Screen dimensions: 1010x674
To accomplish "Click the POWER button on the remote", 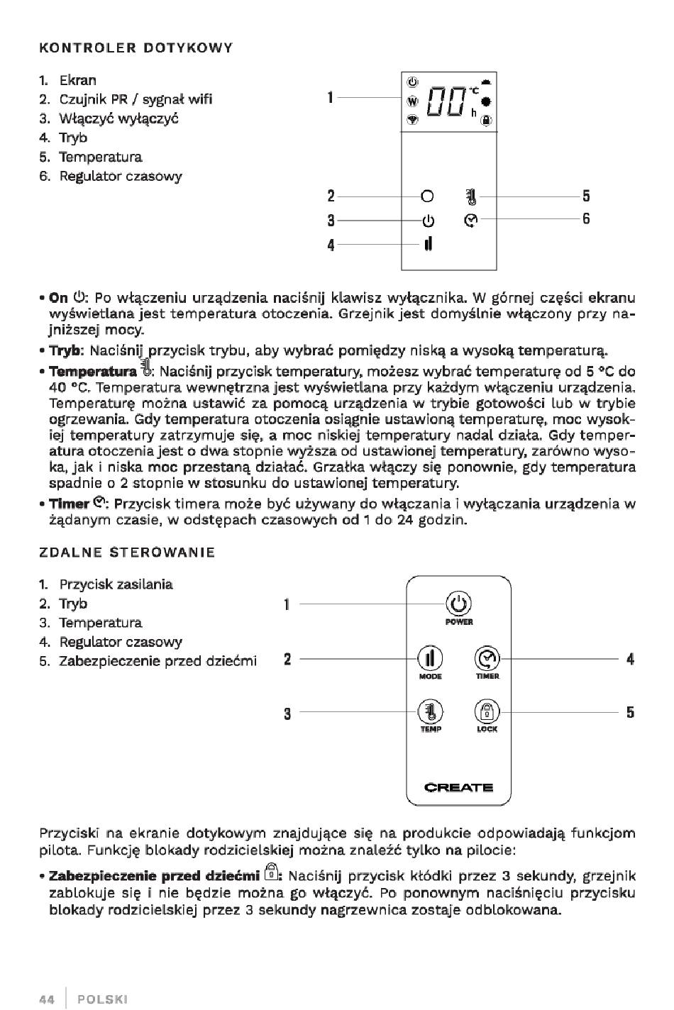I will click(x=459, y=604).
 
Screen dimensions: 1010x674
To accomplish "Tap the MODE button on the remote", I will click(x=431, y=659).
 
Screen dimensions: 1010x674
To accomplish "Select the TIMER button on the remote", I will click(x=487, y=659).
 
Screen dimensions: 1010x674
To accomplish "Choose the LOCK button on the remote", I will click(x=487, y=711).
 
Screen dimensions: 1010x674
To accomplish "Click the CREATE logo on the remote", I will click(x=458, y=787).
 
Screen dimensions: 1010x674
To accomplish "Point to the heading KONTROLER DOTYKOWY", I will click(x=136, y=48).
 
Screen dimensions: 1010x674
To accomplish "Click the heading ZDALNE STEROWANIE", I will click(x=127, y=552).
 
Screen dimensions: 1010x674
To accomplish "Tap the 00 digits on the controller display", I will click(x=446, y=103).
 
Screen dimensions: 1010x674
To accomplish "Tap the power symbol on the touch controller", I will click(x=427, y=220).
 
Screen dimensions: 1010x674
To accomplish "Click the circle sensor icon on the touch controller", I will click(x=427, y=196).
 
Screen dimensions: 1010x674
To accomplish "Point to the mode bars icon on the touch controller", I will click(x=428, y=244).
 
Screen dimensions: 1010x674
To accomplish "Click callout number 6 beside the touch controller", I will click(x=586, y=219).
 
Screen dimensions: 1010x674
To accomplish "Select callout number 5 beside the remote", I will click(x=630, y=712).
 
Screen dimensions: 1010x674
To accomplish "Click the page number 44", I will click(x=47, y=999).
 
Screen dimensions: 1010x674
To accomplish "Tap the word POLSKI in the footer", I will click(x=103, y=999).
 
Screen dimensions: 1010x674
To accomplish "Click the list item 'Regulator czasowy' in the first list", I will click(x=120, y=176).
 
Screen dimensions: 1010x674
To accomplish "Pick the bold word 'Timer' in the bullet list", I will click(x=69, y=504).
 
